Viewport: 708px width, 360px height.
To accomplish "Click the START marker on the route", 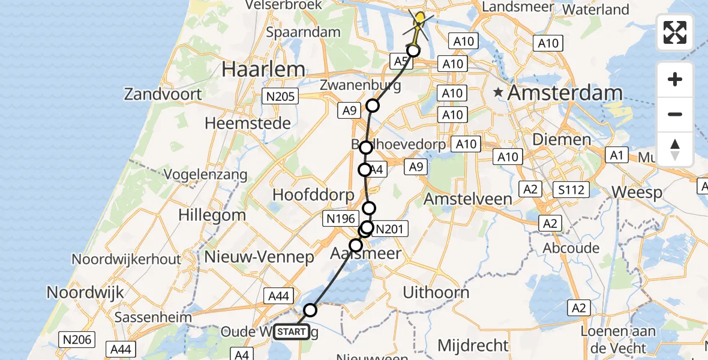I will point(292,332).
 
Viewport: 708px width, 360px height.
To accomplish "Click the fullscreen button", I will point(675,32).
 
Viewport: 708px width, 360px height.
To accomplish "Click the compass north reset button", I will point(675,149).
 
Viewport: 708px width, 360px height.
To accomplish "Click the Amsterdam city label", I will point(565,93).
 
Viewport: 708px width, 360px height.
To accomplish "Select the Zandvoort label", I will point(163,94).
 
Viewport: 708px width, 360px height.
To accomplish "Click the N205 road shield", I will point(280,96).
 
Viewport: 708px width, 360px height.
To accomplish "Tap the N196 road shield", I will point(341,219).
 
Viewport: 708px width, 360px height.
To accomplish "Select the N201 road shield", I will point(391,229).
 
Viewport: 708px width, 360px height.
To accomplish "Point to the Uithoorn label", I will point(436,293).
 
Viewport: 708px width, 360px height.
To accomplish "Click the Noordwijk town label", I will point(85,293).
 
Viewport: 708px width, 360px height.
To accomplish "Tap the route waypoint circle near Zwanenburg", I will point(373,106).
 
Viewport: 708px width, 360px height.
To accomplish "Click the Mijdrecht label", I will point(473,346).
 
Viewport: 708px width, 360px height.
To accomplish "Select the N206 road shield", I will point(77,340).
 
